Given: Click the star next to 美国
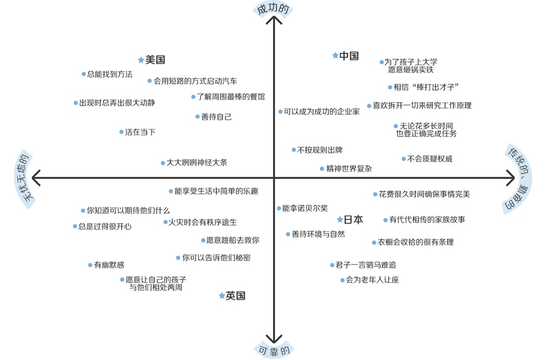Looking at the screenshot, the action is point(141,60).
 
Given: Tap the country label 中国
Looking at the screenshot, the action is point(349,55).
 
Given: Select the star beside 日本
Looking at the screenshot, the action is point(340,220).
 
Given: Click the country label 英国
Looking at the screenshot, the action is point(235,296).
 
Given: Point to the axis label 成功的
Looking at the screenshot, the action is point(273,9).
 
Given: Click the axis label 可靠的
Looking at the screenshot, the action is point(274,350).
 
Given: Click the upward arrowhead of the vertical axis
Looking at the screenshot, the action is point(274,20).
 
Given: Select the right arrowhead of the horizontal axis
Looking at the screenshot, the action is point(511,178).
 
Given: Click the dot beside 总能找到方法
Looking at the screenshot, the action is point(84,75).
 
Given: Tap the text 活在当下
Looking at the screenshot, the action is point(140,132).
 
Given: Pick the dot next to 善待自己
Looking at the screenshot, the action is point(197,116).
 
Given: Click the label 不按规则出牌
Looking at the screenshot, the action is point(320,150).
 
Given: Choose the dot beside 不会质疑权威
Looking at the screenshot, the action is point(404,159).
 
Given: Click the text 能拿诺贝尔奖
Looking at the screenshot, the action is point(305,208).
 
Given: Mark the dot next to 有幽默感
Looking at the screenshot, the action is point(90,265).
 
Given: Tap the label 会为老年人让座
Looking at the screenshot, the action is point(372,280).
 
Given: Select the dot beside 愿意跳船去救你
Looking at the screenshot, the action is point(203,240).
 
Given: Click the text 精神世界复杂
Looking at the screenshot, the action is point(349,169).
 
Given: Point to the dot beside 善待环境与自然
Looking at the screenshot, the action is point(288,234).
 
